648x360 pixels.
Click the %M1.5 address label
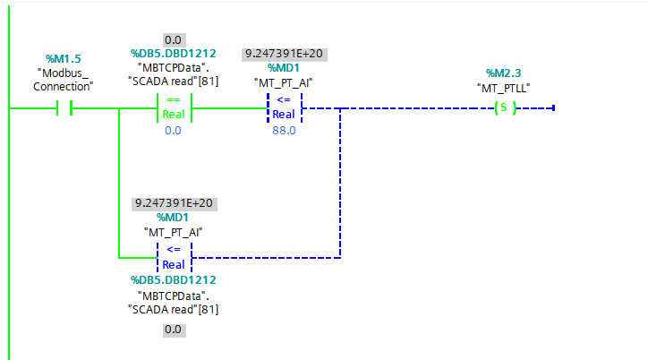63,58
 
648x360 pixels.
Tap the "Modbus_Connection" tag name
63,80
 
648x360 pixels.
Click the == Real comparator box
174,108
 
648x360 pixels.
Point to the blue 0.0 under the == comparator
173,130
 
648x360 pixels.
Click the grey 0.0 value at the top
173,40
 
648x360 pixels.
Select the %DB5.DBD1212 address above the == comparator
173,54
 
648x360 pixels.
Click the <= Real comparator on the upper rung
284,108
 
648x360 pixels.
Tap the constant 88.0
284,130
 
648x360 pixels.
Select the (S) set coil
506,108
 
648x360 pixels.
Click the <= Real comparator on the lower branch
174,258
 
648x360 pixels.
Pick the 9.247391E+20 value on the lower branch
173,203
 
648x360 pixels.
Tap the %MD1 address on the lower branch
173,217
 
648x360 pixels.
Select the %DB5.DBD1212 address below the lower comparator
173,280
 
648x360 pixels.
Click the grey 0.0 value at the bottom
173,330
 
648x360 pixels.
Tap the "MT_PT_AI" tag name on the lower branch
173,231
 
